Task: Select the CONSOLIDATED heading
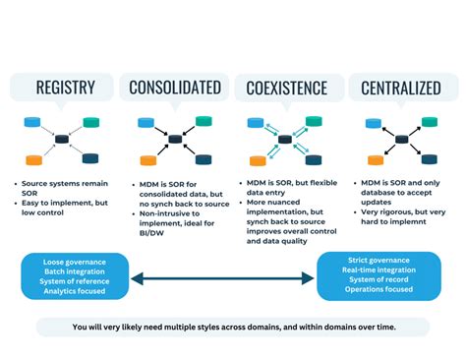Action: click(x=174, y=88)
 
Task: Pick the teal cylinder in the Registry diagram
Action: click(x=91, y=122)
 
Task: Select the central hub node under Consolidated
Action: click(x=175, y=140)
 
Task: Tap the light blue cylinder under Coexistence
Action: click(x=254, y=122)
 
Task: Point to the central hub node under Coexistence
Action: click(x=285, y=140)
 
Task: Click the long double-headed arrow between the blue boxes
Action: click(x=224, y=279)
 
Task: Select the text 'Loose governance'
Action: click(x=73, y=261)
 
